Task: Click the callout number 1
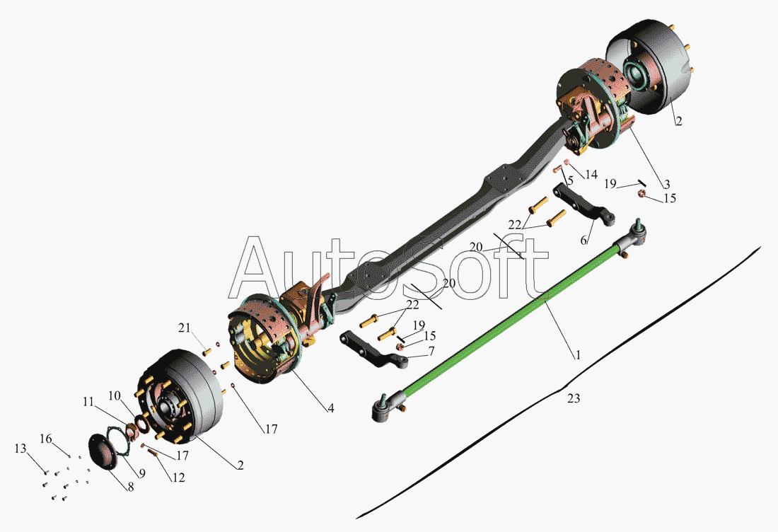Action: [x=578, y=355]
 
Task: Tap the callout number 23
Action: [x=574, y=399]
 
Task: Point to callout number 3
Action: [x=666, y=183]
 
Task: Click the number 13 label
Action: [x=19, y=449]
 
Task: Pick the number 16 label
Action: [x=45, y=438]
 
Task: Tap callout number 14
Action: [x=591, y=173]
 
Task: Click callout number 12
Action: [x=178, y=478]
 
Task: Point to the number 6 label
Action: [x=583, y=241]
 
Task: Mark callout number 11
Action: [x=88, y=402]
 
